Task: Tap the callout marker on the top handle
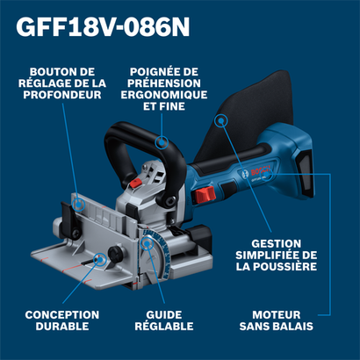160,140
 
